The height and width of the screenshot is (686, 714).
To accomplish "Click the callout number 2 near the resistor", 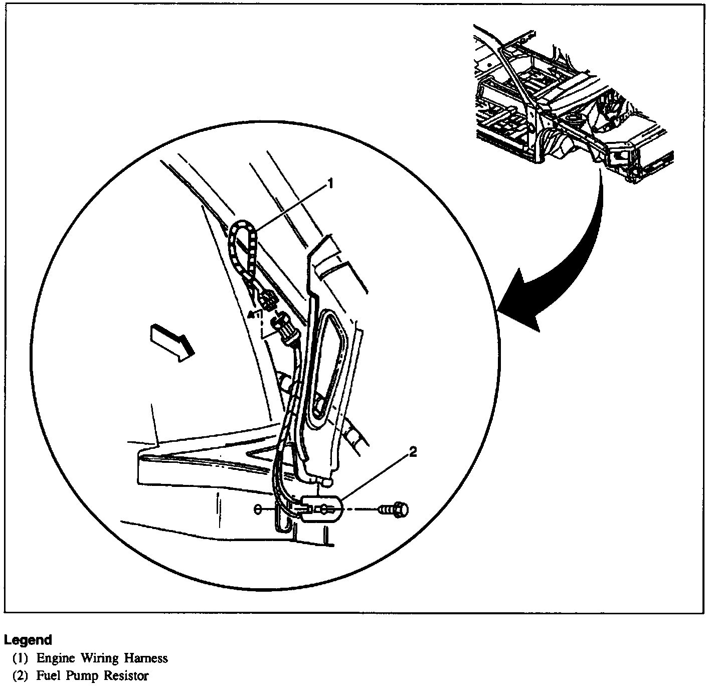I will click(x=412, y=452).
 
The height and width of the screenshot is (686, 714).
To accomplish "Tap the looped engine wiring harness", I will click(x=244, y=246).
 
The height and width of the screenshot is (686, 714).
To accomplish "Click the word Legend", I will click(x=28, y=640).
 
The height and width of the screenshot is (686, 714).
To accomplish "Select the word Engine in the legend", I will click(x=56, y=658).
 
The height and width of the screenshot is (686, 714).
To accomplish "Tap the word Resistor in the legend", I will click(x=126, y=675).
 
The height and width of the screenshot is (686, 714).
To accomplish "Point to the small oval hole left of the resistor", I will click(x=257, y=510).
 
